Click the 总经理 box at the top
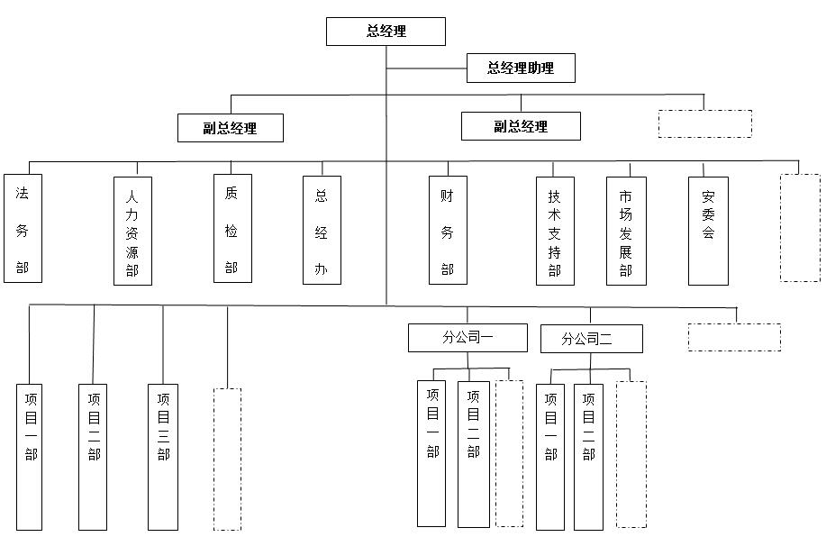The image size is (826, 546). [386, 31]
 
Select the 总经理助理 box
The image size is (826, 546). [521, 68]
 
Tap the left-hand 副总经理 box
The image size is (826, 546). [231, 128]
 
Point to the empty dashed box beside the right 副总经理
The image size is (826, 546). [704, 124]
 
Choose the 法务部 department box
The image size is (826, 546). [23, 229]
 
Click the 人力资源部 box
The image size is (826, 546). [132, 232]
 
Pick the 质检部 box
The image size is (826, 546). [231, 229]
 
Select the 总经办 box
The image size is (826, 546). [322, 231]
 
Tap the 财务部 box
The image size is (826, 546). [448, 231]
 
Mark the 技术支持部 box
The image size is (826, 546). [555, 232]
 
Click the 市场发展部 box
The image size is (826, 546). [626, 232]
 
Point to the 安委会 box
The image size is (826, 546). [708, 232]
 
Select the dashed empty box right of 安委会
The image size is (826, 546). [800, 228]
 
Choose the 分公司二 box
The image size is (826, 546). [591, 339]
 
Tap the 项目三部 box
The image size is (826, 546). [163, 457]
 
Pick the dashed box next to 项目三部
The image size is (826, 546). [227, 459]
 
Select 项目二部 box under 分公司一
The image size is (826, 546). [474, 454]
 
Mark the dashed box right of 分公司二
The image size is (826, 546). [734, 337]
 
